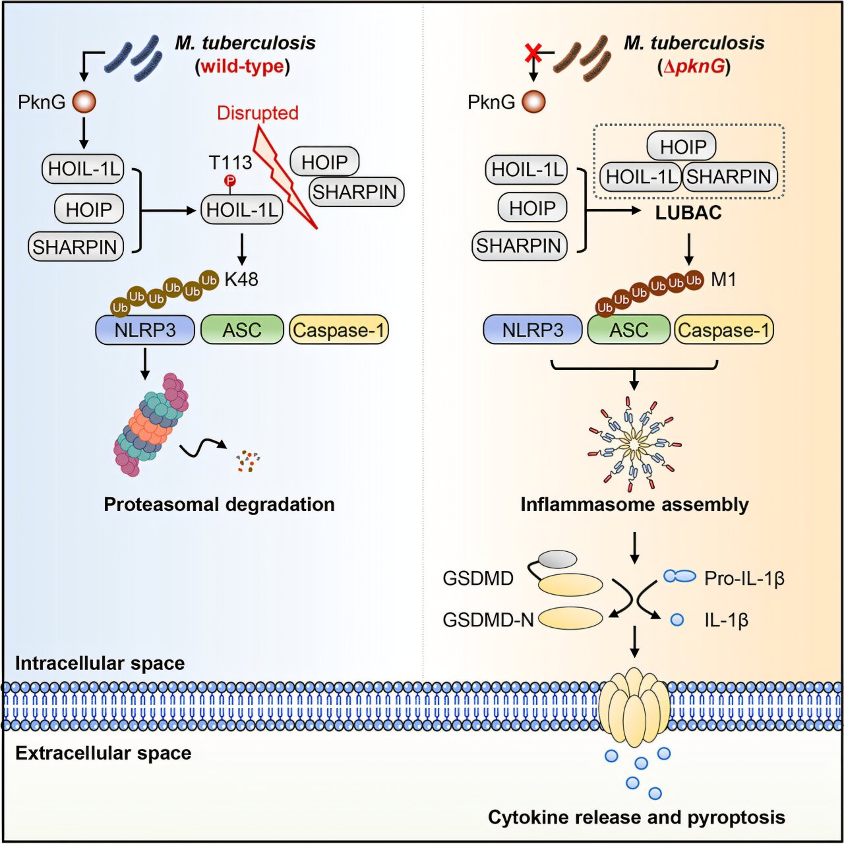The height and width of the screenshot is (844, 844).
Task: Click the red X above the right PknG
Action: (533, 53)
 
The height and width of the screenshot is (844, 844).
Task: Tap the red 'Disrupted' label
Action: (257, 113)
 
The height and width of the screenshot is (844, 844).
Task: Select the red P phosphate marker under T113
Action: (229, 180)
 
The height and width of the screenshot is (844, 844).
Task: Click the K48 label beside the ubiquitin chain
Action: (241, 280)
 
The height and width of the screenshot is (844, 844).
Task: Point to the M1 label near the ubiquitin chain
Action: (723, 280)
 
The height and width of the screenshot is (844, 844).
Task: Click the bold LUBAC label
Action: (688, 213)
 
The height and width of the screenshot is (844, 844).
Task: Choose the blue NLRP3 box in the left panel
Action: (145, 330)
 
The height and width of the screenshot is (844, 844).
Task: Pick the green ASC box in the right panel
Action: (628, 330)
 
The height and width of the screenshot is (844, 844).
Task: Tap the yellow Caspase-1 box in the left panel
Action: (339, 330)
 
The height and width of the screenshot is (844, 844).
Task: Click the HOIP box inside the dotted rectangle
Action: (682, 146)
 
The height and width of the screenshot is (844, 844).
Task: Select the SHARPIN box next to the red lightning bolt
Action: (355, 192)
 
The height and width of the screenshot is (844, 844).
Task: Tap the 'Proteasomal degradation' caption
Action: (219, 504)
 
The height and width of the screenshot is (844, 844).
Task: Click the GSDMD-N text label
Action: (488, 620)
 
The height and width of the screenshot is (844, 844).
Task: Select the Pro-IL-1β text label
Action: (744, 578)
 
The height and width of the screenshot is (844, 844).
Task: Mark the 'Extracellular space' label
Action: (103, 753)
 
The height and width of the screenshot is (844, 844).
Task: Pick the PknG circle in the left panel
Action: (84, 102)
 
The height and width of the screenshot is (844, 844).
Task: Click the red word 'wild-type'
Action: (243, 66)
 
